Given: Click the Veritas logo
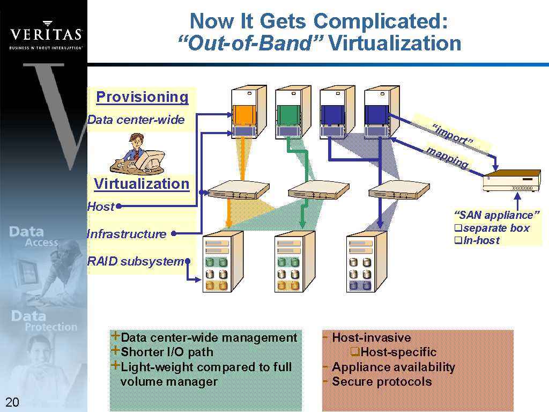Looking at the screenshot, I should pyautogui.click(x=46, y=34).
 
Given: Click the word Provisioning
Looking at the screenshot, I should pyautogui.click(x=142, y=97).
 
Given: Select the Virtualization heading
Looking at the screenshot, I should pyautogui.click(x=142, y=184).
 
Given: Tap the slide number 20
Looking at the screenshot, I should pyautogui.click(x=12, y=402).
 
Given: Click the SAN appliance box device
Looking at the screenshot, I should pyautogui.click(x=511, y=181).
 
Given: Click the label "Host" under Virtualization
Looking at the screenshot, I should pyautogui.click(x=101, y=207).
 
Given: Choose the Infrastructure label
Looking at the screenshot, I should pyautogui.click(x=127, y=234).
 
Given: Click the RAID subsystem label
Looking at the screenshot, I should pyautogui.click(x=136, y=262).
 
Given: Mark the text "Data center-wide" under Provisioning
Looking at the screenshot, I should pyautogui.click(x=136, y=120).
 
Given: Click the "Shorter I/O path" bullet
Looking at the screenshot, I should pyautogui.click(x=167, y=352).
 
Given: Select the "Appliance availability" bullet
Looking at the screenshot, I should pyautogui.click(x=393, y=367).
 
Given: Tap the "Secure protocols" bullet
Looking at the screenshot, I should pyautogui.click(x=381, y=381).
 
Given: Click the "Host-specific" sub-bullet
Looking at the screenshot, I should pyautogui.click(x=398, y=352).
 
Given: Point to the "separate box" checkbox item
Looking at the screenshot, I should pyautogui.click(x=495, y=228).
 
